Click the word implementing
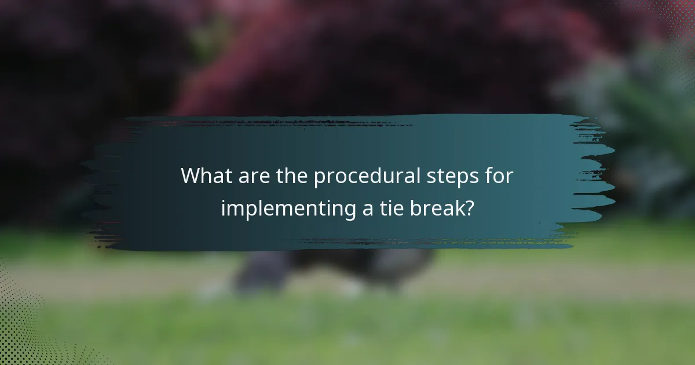(287, 209)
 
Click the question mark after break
(468, 208)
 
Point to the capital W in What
(192, 176)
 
